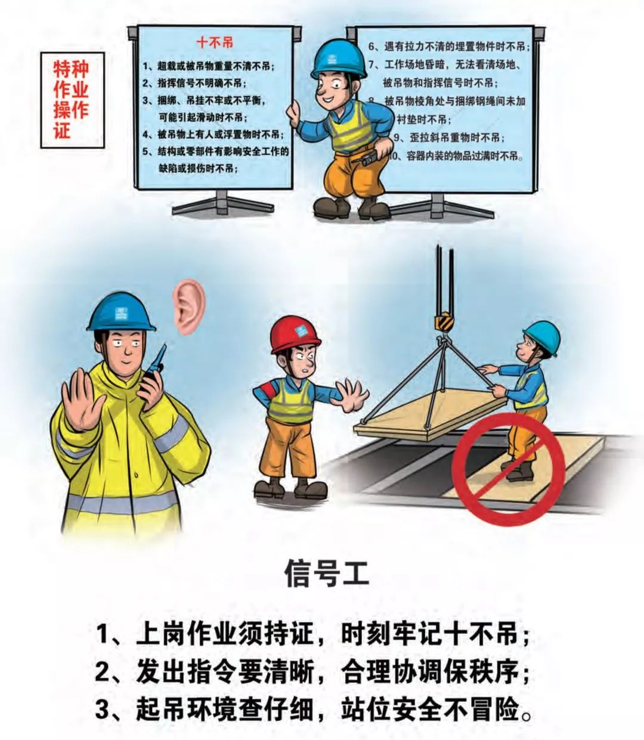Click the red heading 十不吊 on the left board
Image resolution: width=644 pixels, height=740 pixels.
tap(215, 42)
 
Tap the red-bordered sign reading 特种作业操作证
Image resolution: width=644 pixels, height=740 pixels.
tap(72, 100)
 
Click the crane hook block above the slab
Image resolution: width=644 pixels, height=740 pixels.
tap(444, 321)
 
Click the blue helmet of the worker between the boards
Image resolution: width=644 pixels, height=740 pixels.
tap(338, 58)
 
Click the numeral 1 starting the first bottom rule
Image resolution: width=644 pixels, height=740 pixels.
tap(105, 634)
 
